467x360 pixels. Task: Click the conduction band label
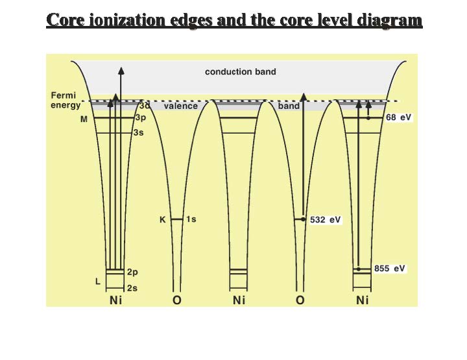pyautogui.click(x=240, y=71)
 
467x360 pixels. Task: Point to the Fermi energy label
pyautogui.click(x=66, y=100)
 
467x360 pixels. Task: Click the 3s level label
pyautogui.click(x=138, y=132)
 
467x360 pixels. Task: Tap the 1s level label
pyautogui.click(x=191, y=219)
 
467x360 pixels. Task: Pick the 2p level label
pyautogui.click(x=133, y=272)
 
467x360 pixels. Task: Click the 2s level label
pyautogui.click(x=133, y=287)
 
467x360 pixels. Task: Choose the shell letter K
pyautogui.click(x=163, y=220)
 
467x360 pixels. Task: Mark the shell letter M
pyautogui.click(x=84, y=119)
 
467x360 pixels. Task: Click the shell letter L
pyautogui.click(x=97, y=282)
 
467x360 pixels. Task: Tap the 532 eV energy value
pyautogui.click(x=326, y=220)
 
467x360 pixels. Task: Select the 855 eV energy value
pyautogui.click(x=390, y=268)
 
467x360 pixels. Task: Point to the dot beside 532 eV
pyautogui.click(x=304, y=220)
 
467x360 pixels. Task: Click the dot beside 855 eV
pyautogui.click(x=357, y=269)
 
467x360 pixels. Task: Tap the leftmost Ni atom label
pyautogui.click(x=115, y=300)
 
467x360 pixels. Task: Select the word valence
pyautogui.click(x=180, y=106)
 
